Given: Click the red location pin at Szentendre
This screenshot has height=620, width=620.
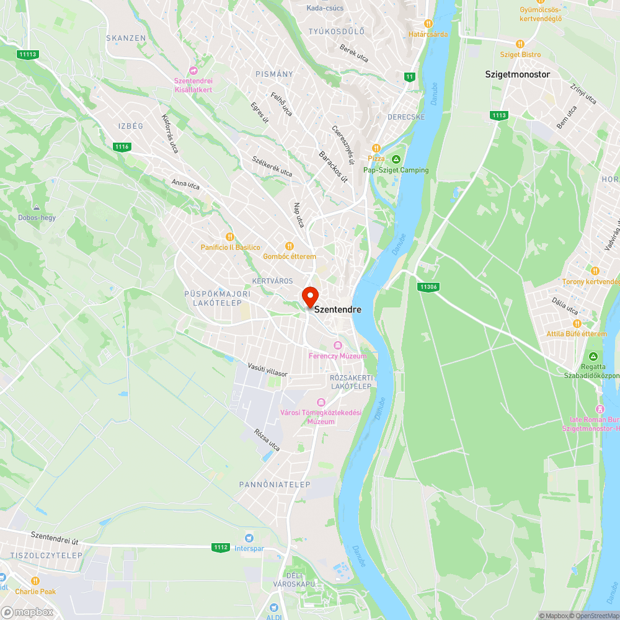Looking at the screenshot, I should (x=310, y=296).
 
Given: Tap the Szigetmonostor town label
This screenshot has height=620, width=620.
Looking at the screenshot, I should (x=517, y=74).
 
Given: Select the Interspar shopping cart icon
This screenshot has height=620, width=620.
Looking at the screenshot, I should (x=249, y=538).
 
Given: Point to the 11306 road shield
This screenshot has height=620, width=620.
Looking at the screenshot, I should (x=428, y=286).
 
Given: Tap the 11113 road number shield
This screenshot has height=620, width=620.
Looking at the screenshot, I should (x=28, y=55).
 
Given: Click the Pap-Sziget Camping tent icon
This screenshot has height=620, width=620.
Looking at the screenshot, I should (x=396, y=160).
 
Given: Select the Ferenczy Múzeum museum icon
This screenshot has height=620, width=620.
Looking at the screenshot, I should (x=337, y=345).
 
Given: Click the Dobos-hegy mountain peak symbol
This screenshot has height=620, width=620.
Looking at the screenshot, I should (x=37, y=207).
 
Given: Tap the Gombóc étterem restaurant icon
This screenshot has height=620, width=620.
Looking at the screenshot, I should (x=289, y=246).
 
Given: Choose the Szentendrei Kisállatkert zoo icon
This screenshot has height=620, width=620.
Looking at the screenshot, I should (x=193, y=71).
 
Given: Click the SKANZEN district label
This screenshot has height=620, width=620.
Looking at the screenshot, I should (x=126, y=38).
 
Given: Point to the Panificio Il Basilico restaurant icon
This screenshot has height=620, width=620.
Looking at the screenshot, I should (x=230, y=237).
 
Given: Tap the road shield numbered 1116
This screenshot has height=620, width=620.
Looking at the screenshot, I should (x=122, y=147).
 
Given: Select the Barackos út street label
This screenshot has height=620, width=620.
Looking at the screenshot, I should (x=334, y=166).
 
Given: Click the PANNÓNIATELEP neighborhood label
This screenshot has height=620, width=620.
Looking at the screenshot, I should (x=275, y=484).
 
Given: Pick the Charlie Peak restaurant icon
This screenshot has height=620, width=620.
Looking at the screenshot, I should (x=35, y=581).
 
